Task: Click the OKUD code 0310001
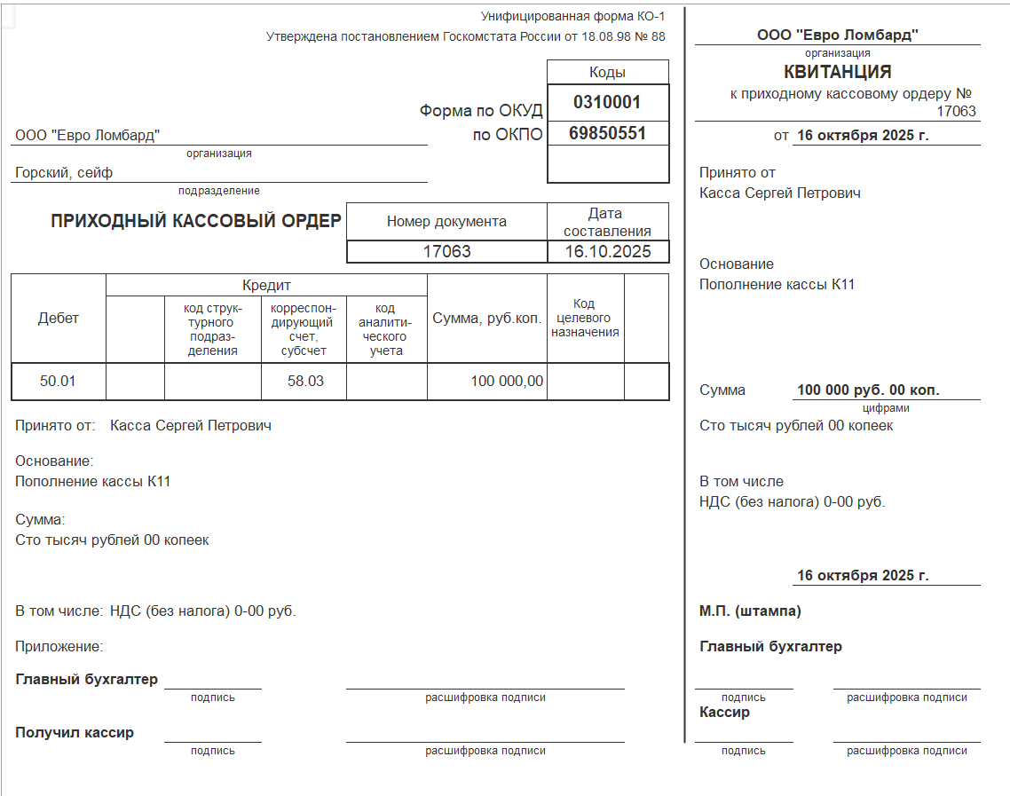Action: [607, 102]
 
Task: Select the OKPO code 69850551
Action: [607, 134]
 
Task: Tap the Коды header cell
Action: [607, 73]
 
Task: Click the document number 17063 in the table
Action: [446, 252]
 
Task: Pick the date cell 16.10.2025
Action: [608, 252]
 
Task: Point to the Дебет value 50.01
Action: [59, 382]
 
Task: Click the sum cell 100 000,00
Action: [507, 382]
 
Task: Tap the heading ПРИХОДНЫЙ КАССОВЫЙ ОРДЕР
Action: [196, 221]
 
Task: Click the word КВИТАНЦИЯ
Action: [837, 72]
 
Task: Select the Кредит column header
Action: [266, 286]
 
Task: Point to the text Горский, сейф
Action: [64, 173]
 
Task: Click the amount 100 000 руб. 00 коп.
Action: [868, 390]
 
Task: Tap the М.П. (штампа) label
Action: [750, 611]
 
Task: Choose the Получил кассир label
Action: [75, 733]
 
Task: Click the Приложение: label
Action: [59, 647]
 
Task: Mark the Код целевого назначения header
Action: [585, 318]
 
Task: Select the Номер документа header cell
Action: [446, 222]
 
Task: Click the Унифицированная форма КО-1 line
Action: [572, 16]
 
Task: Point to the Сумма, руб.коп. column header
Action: [486, 319]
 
